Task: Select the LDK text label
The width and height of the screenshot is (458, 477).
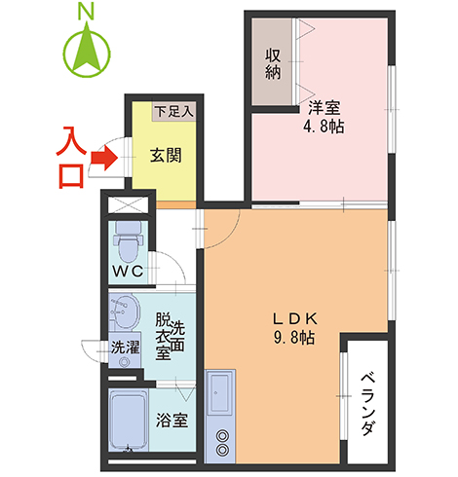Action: coord(292,316)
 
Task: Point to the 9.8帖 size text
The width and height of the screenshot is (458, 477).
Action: coord(292,338)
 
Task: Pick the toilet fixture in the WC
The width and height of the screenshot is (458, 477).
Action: coord(128,238)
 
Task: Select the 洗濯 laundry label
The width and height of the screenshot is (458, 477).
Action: coord(124,347)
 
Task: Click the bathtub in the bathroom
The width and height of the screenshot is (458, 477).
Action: coord(128,420)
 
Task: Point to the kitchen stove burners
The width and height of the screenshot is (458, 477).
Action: coord(223,443)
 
